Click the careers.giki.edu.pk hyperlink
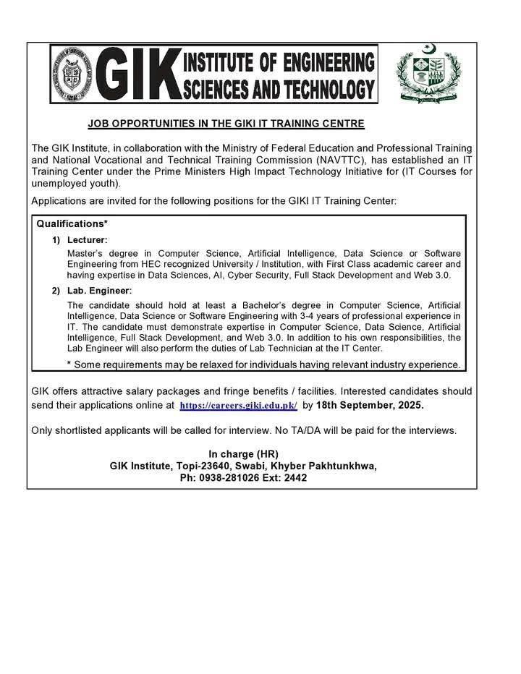[238, 406]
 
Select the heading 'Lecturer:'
[87, 239]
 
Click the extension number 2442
[294, 478]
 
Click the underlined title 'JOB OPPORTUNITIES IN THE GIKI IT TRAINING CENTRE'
[226, 124]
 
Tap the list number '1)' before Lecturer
[56, 239]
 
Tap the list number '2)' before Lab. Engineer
[56, 290]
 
